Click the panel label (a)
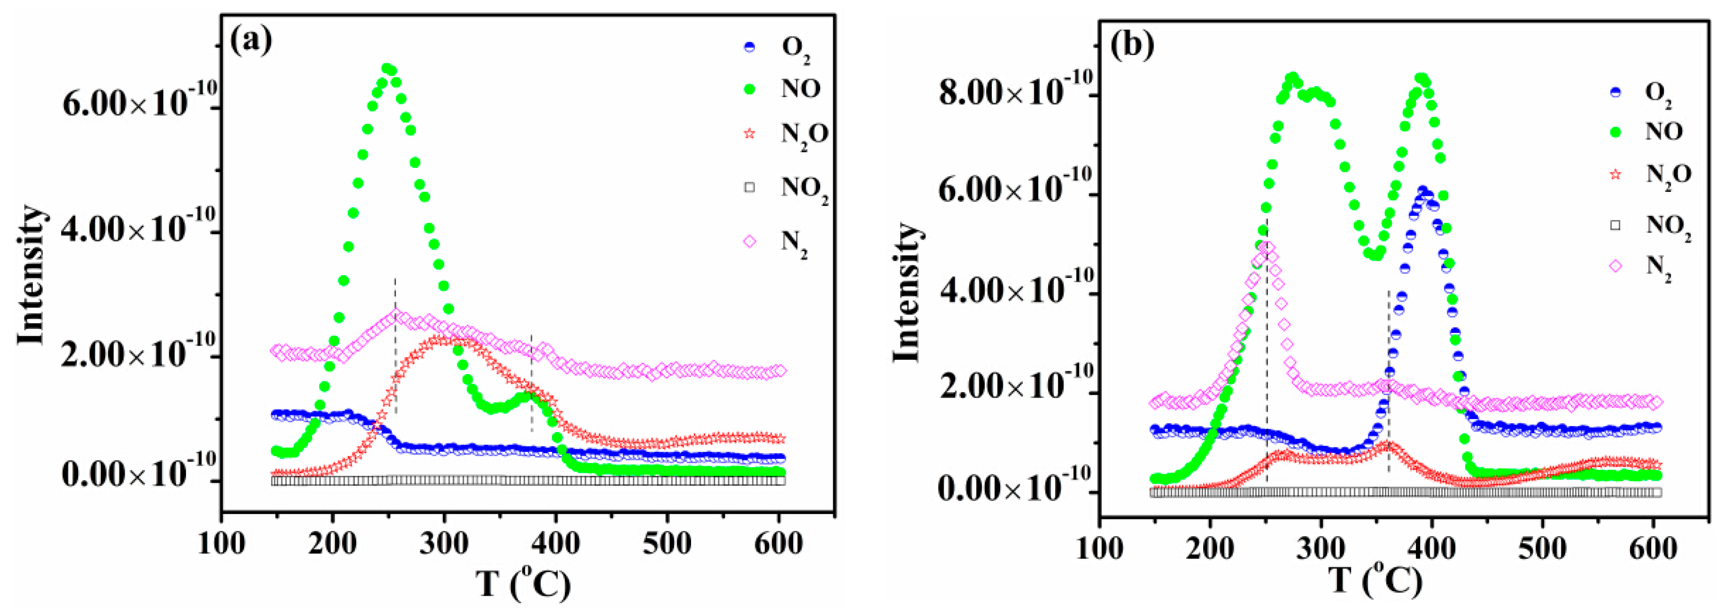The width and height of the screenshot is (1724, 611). click(251, 42)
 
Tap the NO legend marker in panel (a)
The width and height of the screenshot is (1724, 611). click(749, 89)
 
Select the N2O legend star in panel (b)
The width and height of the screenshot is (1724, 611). click(1615, 175)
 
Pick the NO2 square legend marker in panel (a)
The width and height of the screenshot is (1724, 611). click(749, 187)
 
